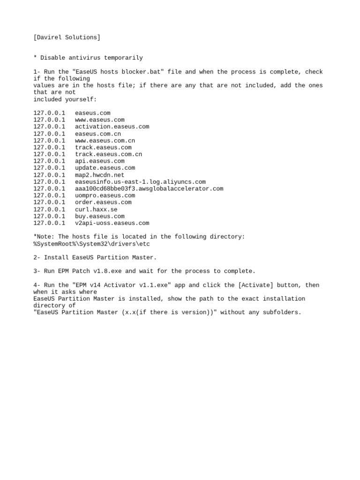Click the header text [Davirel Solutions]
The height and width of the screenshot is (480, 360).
point(67,37)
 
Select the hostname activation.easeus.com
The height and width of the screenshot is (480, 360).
point(112,127)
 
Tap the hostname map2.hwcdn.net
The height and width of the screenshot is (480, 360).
point(99,175)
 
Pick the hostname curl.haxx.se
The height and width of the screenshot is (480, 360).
point(96,210)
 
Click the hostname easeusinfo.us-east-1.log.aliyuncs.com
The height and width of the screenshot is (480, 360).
point(140,182)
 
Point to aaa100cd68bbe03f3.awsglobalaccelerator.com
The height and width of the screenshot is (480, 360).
point(149,188)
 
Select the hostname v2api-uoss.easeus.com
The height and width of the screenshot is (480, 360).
point(112,223)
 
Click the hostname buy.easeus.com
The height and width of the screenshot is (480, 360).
point(99,217)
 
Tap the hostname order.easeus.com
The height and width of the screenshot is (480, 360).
point(103,202)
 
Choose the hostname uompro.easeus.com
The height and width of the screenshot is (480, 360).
point(105,195)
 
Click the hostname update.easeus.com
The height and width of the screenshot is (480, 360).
point(105,168)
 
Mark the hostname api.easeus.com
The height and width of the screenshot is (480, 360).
point(99,161)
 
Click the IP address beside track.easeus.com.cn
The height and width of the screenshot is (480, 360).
point(49,154)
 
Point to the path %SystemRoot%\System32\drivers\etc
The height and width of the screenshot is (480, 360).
point(91,244)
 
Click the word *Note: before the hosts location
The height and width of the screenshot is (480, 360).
point(44,237)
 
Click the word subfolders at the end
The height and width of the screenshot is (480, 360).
point(282,312)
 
